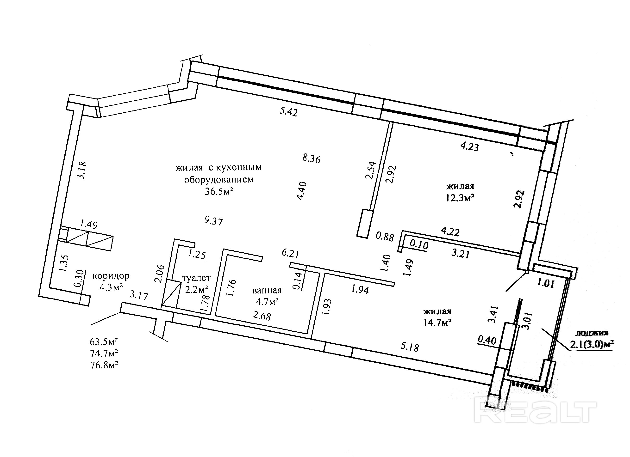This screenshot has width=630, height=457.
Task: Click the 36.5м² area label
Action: pos(218,191)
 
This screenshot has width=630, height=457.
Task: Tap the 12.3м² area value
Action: pos(460,198)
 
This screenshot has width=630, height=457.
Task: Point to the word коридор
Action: pos(111,276)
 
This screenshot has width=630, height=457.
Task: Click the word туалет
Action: pos(196,278)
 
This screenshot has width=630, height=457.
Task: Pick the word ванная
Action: pos(267,290)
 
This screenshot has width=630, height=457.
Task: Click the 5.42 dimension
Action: pos(289,112)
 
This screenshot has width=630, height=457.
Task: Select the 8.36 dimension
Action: pos(311,159)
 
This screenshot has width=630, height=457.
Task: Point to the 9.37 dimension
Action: pos(214,221)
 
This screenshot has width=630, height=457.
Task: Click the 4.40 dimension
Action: pos(302,191)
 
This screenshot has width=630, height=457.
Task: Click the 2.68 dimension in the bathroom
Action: pos(262,316)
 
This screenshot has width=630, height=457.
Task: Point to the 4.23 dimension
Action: pos(469,146)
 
